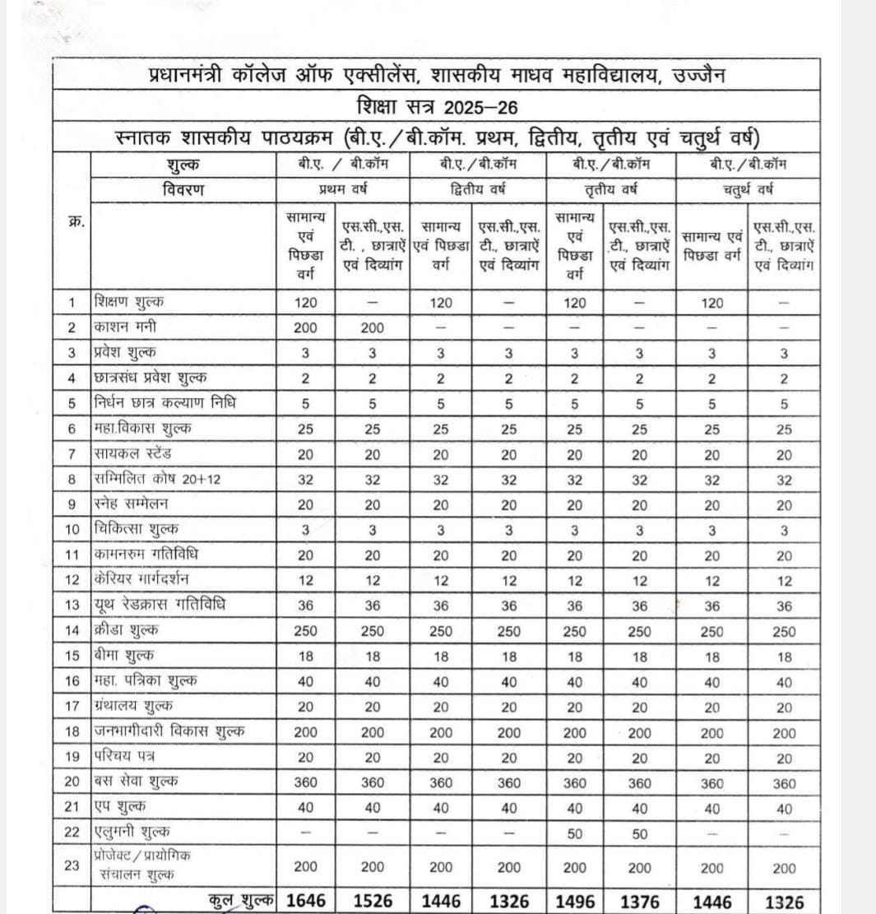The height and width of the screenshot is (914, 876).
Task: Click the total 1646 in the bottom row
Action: [306, 900]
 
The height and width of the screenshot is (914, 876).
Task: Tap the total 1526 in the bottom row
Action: [372, 900]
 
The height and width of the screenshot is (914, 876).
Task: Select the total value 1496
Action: [575, 900]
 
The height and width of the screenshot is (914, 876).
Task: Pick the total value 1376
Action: [639, 900]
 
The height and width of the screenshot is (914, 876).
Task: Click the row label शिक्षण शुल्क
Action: [134, 302]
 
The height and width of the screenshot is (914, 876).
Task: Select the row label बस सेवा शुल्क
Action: [137, 782]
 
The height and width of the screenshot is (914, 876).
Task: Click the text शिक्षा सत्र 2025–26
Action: [437, 106]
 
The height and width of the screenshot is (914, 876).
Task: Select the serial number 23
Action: [72, 865]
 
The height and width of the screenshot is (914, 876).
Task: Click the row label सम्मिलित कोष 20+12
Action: [155, 480]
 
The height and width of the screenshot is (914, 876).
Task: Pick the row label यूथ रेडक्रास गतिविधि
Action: [160, 605]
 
